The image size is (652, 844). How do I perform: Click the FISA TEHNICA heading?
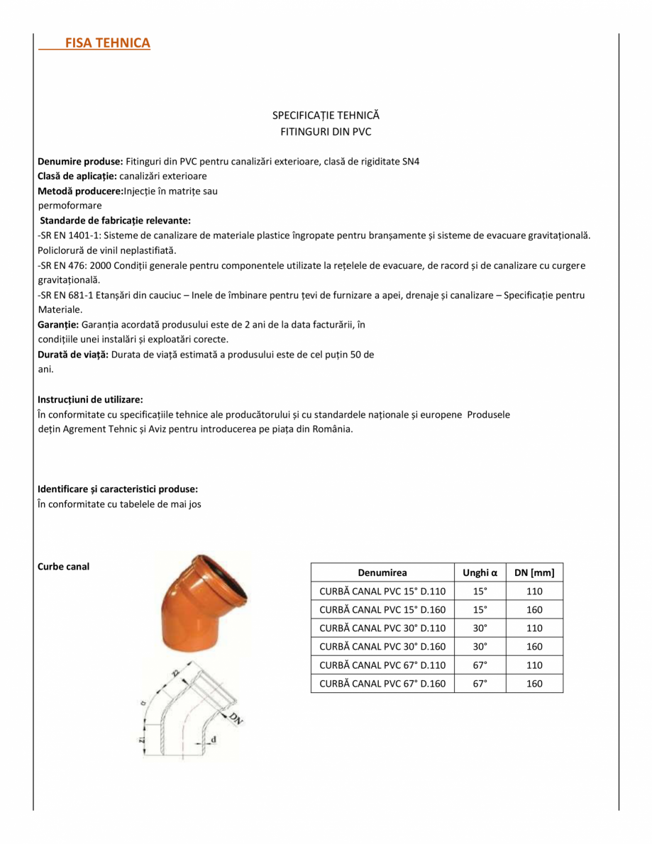click(107, 43)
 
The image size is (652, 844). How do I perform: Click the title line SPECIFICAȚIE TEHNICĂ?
click(326, 114)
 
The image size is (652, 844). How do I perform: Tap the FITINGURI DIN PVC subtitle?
click(326, 132)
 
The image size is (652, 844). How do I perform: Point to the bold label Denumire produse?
click(81, 162)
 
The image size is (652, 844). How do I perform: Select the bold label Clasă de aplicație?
click(77, 176)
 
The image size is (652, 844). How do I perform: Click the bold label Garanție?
click(59, 324)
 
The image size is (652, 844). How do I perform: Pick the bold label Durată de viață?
click(73, 354)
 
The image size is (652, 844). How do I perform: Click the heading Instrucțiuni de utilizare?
click(90, 399)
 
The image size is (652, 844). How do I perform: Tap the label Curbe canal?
click(63, 566)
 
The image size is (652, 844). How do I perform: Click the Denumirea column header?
click(382, 573)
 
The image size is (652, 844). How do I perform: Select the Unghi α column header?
click(480, 573)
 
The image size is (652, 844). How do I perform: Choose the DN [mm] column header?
click(534, 573)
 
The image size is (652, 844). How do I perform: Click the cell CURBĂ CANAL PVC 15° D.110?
click(382, 592)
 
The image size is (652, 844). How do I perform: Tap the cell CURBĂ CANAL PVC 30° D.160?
click(382, 647)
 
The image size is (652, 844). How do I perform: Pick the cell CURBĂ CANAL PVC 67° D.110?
click(382, 665)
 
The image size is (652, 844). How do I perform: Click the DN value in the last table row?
click(534, 684)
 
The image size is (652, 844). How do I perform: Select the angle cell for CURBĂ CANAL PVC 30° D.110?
click(480, 628)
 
